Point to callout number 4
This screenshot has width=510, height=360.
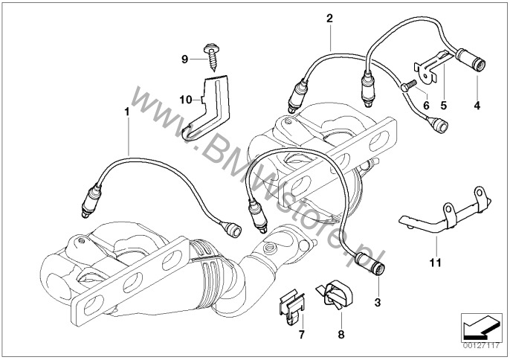pyautogui.click(x=476, y=105)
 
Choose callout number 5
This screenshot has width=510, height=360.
pyautogui.click(x=444, y=105)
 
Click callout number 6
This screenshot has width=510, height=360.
pyautogui.click(x=426, y=105)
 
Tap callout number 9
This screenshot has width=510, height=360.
pyautogui.click(x=186, y=57)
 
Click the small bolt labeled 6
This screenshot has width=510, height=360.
pyautogui.click(x=405, y=87)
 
